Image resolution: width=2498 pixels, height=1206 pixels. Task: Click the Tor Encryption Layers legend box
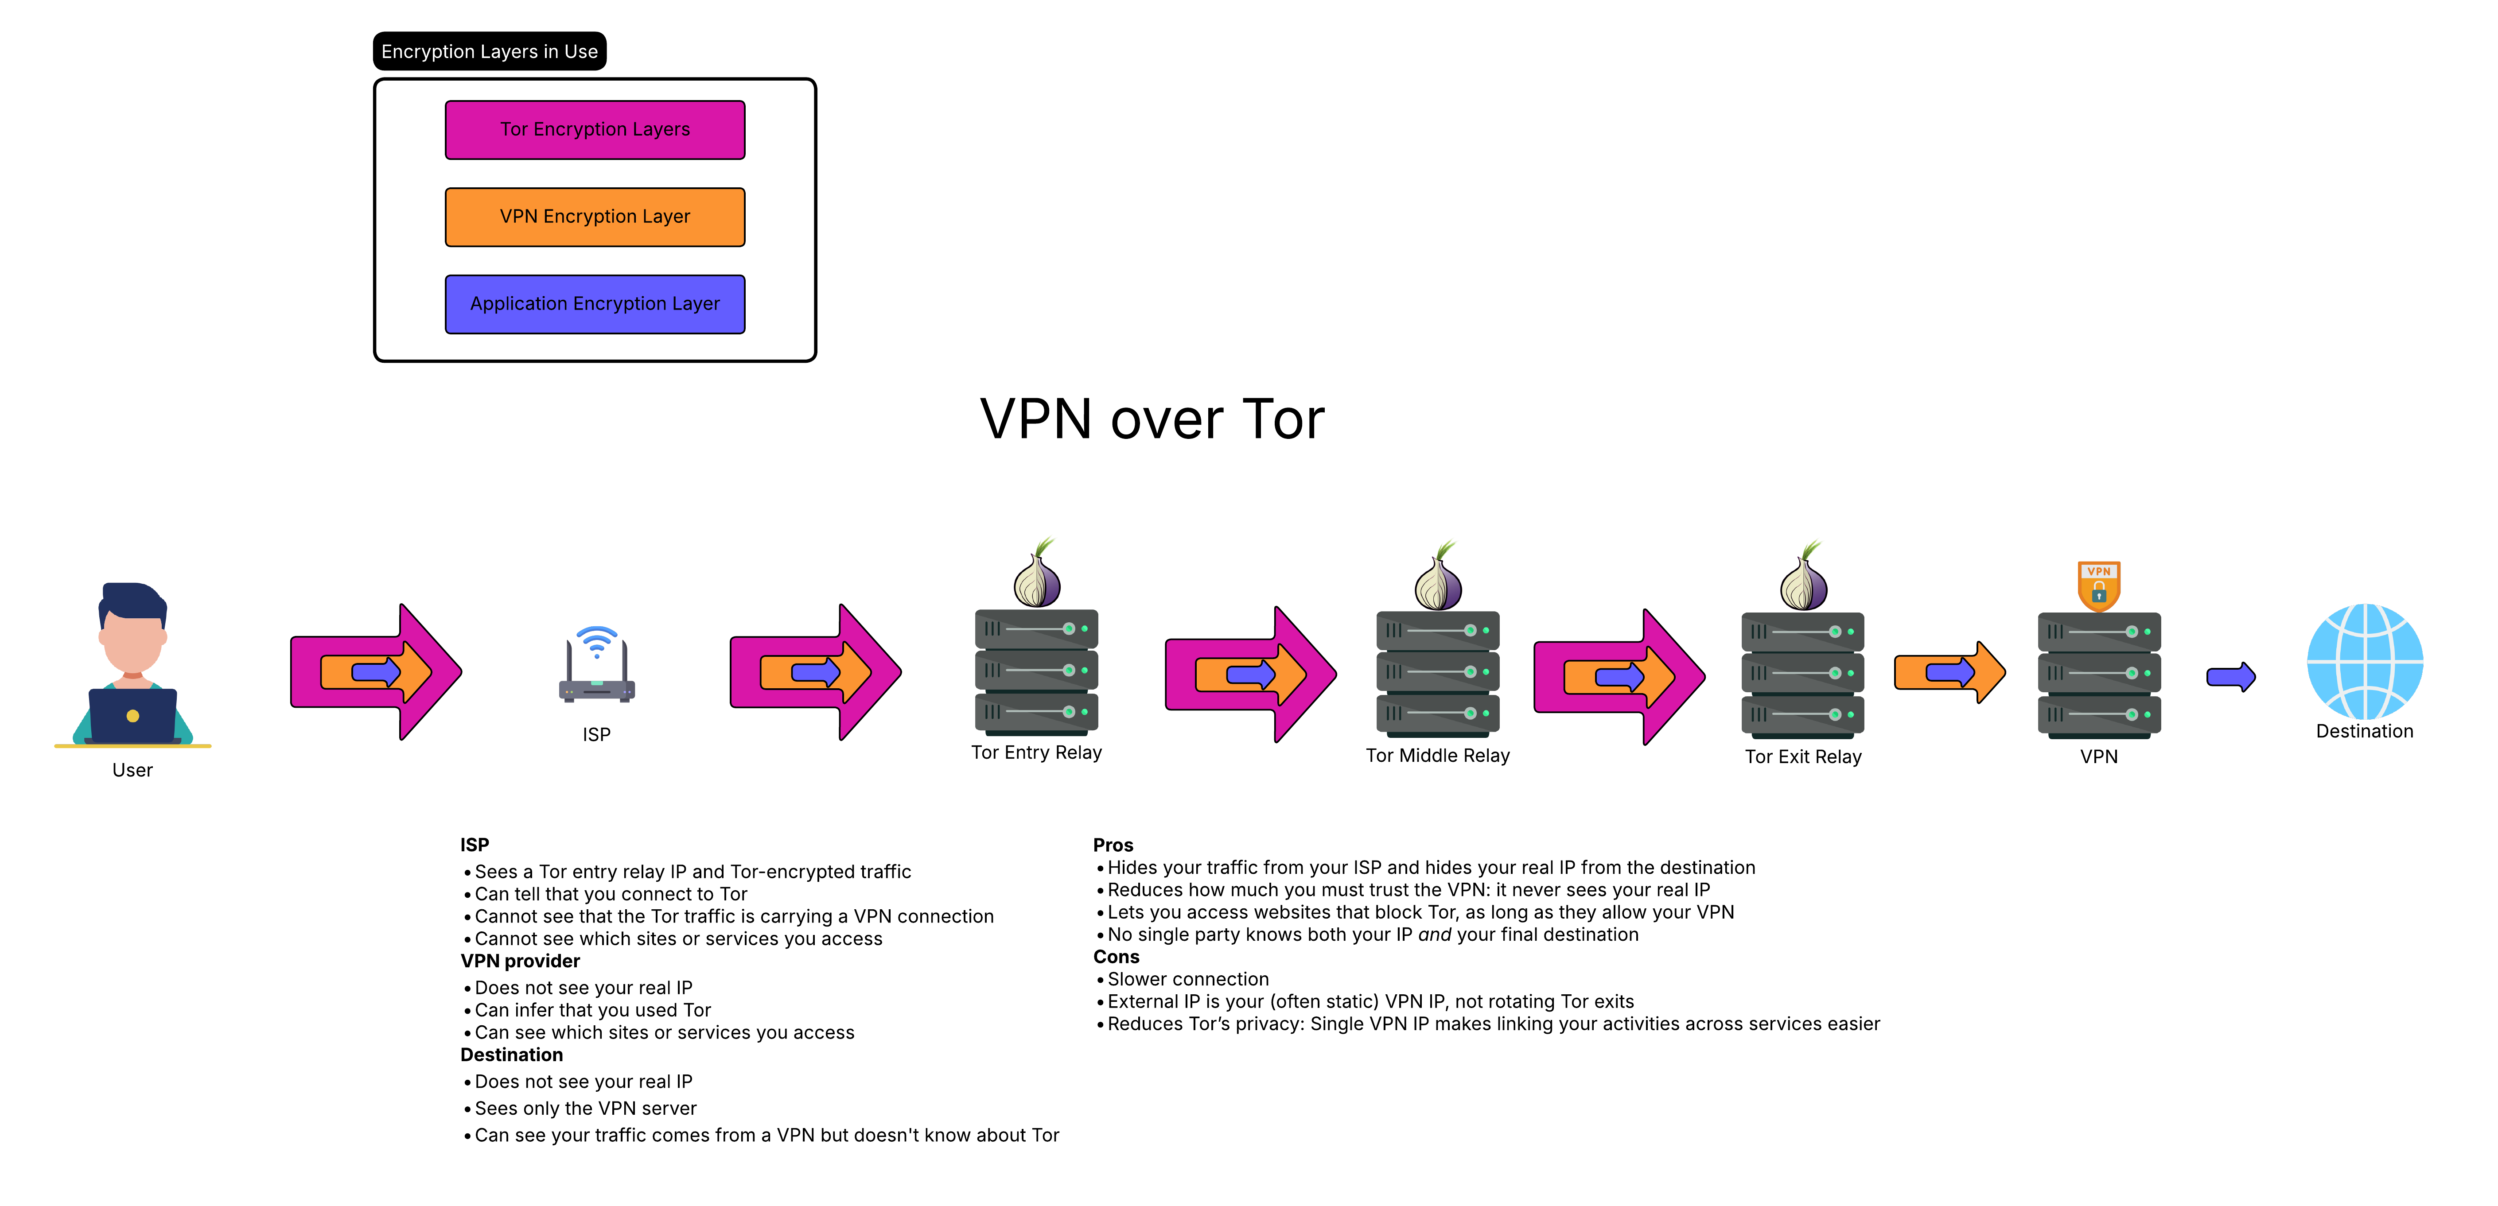[x=595, y=130]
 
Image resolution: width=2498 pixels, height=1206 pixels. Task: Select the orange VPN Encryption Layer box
[x=595, y=217]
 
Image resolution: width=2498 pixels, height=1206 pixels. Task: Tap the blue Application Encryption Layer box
[x=595, y=304]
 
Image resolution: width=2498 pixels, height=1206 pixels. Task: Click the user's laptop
[x=133, y=715]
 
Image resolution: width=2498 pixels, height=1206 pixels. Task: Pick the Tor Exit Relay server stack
[x=1803, y=674]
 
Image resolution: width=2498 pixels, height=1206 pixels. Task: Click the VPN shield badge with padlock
[x=2098, y=586]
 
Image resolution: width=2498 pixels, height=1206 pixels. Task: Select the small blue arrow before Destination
[x=2230, y=677]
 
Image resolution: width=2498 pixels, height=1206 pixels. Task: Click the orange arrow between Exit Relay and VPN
[x=1949, y=672]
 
